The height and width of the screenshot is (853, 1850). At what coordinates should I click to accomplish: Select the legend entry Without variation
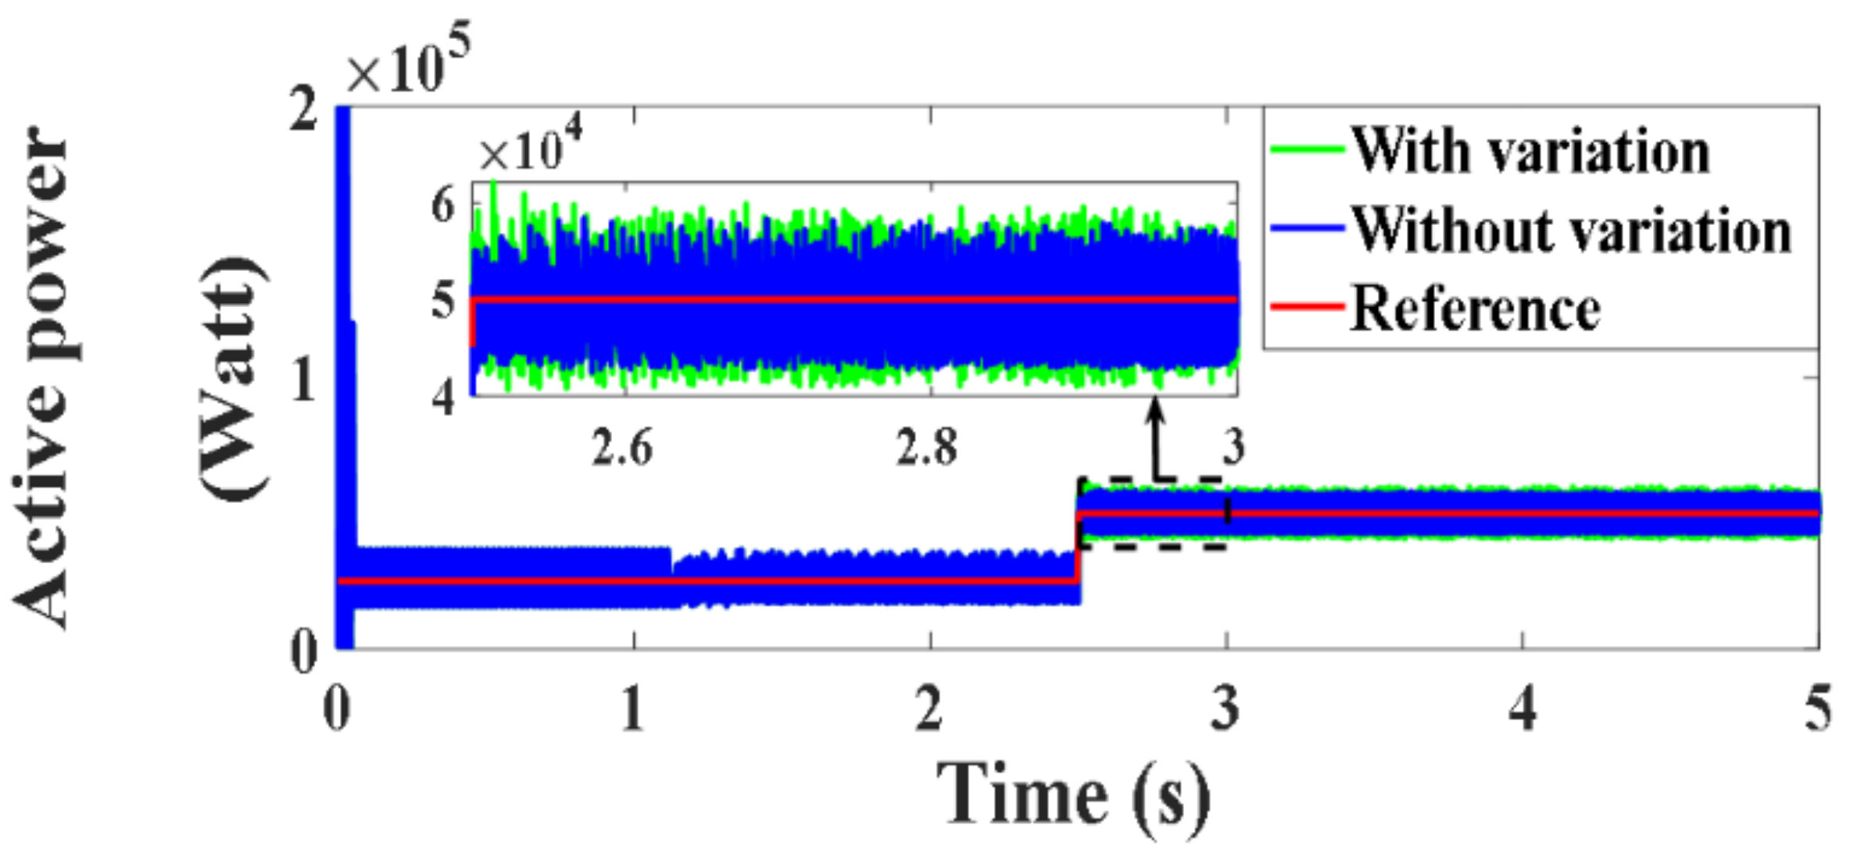(x=1571, y=230)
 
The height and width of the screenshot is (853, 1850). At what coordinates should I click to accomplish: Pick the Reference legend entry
(x=1476, y=309)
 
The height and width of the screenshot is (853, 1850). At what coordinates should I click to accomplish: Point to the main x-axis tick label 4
(x=1522, y=710)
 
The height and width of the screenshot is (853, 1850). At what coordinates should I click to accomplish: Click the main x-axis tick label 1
(x=633, y=710)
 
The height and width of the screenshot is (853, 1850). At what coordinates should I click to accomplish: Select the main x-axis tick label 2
(x=929, y=710)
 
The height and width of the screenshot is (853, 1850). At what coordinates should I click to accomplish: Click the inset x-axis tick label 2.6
(x=621, y=448)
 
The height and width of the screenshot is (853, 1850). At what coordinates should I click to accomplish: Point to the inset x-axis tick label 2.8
(x=927, y=448)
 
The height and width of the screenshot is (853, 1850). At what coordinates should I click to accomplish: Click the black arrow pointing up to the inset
(x=1156, y=437)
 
